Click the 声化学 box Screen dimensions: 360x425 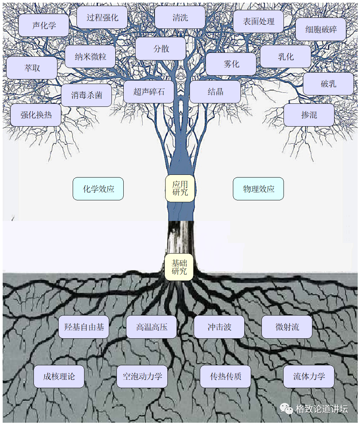[x=44, y=25]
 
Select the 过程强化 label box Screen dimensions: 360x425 [x=102, y=17]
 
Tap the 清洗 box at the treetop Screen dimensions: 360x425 [x=180, y=17]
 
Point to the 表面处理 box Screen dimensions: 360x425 [x=258, y=21]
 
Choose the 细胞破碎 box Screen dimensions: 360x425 [x=321, y=29]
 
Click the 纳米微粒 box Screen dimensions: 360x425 [x=90, y=57]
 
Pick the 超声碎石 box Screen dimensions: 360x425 [x=149, y=92]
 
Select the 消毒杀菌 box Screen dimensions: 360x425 [x=86, y=95]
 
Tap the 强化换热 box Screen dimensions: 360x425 [x=36, y=115]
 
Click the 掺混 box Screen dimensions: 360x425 [x=309, y=115]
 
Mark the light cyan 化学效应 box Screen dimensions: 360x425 [x=98, y=189]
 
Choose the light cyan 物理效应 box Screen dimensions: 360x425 [x=258, y=189]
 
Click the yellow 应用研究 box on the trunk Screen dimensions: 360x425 [x=180, y=188]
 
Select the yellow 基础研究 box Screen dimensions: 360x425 [x=179, y=267]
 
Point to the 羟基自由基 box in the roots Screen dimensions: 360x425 [x=84, y=327]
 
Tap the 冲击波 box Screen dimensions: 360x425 [x=219, y=327]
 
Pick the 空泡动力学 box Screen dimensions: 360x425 [x=142, y=376]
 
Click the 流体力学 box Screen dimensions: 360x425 [x=309, y=376]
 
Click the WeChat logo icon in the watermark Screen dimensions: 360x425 [x=287, y=409]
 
